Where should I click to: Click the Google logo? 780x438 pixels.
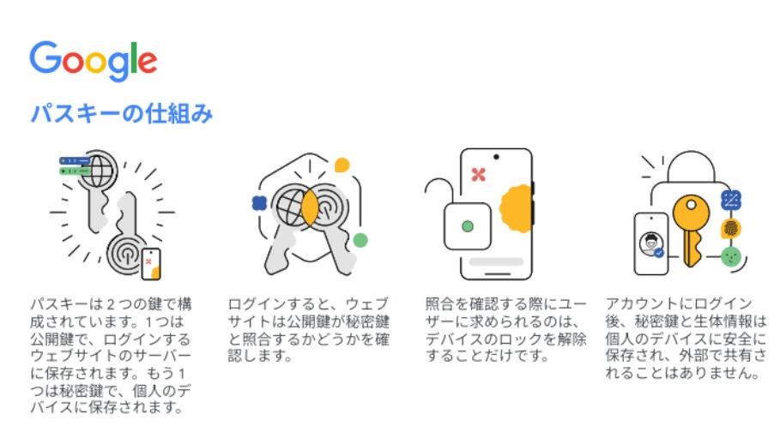click(94, 61)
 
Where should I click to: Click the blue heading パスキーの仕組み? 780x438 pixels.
click(122, 113)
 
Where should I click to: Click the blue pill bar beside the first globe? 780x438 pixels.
click(75, 160)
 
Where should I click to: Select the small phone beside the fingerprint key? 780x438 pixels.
click(151, 263)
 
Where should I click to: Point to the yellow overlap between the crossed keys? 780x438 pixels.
click(310, 207)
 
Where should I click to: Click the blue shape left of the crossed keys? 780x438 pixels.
click(259, 203)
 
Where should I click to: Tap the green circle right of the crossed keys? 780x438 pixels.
click(360, 240)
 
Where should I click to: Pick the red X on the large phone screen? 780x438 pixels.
click(479, 175)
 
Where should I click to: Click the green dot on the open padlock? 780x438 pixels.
click(468, 226)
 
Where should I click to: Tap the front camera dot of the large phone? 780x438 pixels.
click(496, 157)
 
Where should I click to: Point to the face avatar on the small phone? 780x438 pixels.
click(650, 243)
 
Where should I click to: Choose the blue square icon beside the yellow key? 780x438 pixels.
click(731, 201)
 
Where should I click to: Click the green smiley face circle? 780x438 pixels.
click(731, 256)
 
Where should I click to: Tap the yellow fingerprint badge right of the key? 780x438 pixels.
click(731, 229)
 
